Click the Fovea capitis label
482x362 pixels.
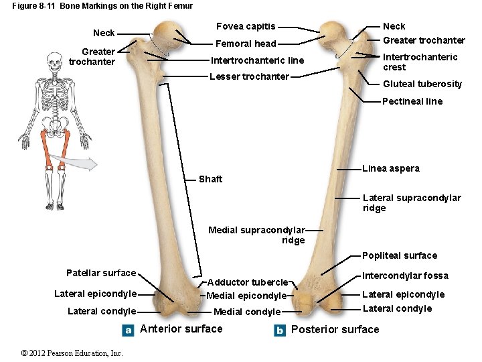245,26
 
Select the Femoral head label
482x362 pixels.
246,44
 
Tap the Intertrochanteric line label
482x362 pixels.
257,60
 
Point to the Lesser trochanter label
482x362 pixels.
249,76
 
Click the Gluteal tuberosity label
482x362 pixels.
422,84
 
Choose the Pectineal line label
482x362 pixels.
412,101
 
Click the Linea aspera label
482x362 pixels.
390,168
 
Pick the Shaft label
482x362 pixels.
210,179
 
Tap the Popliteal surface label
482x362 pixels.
399,255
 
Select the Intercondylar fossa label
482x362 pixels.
405,276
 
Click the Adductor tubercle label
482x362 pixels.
247,283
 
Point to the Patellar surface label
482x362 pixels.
101,273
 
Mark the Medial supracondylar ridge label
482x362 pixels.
256,235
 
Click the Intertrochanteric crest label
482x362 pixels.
420,62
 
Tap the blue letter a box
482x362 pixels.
129,330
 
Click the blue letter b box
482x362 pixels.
280,330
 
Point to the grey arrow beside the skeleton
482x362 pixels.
80,163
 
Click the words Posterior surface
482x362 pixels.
335,329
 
